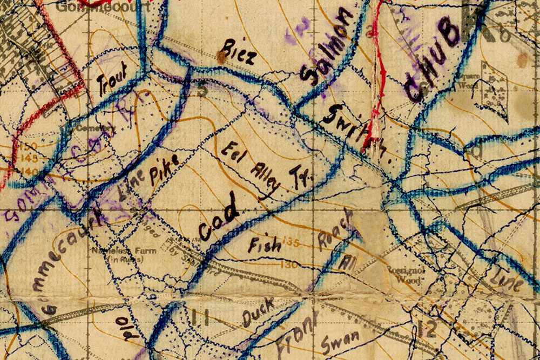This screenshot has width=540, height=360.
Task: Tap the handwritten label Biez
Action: coord(237,52)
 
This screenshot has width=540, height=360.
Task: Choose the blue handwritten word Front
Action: coord(296,334)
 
